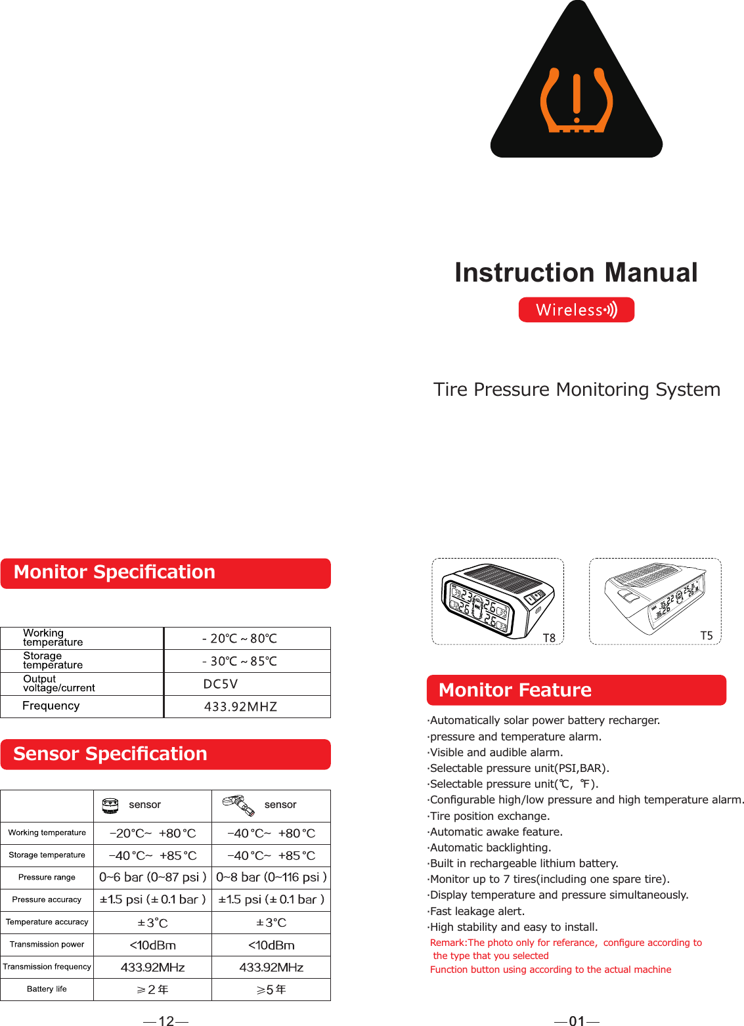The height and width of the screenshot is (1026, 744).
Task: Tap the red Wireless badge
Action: coord(576,310)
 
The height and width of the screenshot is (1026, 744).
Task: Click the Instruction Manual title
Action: coord(576,272)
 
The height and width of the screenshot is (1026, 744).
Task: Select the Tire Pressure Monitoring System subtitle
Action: coord(577,389)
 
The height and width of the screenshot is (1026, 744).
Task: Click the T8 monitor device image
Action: coord(497,601)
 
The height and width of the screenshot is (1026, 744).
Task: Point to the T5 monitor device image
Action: coord(655,601)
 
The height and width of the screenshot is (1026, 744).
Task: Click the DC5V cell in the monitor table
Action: coord(221,684)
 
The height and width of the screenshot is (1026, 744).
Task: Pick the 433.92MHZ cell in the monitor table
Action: coord(240,707)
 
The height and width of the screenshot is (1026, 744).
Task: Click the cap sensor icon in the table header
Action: coord(111,805)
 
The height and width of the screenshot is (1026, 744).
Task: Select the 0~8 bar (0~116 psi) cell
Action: coord(271,878)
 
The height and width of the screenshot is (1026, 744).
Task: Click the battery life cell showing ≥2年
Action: coord(152,990)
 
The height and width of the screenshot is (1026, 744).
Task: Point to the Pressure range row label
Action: coord(47,878)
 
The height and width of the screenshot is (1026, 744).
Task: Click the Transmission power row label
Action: coord(47,945)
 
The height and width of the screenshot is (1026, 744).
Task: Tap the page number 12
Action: coord(166,1021)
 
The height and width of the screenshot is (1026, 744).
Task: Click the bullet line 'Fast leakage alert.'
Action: coord(477,911)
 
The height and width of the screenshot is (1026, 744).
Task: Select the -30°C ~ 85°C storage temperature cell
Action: coord(240,662)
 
